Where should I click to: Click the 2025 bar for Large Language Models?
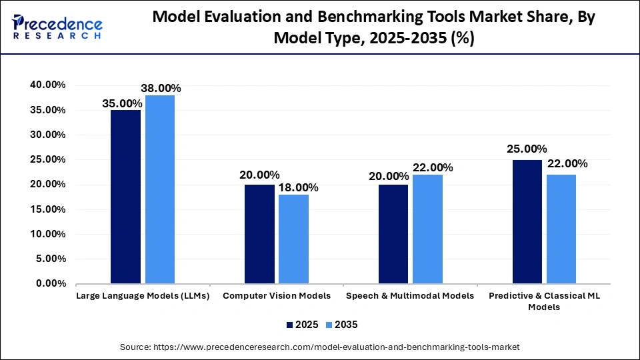tap(125, 197)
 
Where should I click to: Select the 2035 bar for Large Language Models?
tap(160, 189)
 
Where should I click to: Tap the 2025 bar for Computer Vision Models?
tap(259, 234)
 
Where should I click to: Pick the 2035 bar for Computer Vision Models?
tap(293, 239)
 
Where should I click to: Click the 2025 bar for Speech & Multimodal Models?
tap(393, 234)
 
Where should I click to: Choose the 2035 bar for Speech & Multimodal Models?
tap(427, 229)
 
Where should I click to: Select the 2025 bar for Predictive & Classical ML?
tap(527, 221)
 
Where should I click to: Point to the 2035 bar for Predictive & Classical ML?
tap(561, 229)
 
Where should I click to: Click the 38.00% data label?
tap(160, 88)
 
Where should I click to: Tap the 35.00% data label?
tap(121, 103)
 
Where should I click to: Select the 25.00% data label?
tap(527, 149)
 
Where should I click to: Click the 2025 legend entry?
tap(302, 325)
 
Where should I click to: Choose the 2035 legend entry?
tap(342, 325)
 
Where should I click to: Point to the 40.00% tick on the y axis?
tap(47, 85)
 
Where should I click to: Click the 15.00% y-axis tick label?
tap(47, 209)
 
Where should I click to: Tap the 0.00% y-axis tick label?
tap(50, 284)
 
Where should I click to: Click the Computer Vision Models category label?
tap(277, 295)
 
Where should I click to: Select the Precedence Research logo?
tap(57, 27)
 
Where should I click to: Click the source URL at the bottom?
tap(320, 347)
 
